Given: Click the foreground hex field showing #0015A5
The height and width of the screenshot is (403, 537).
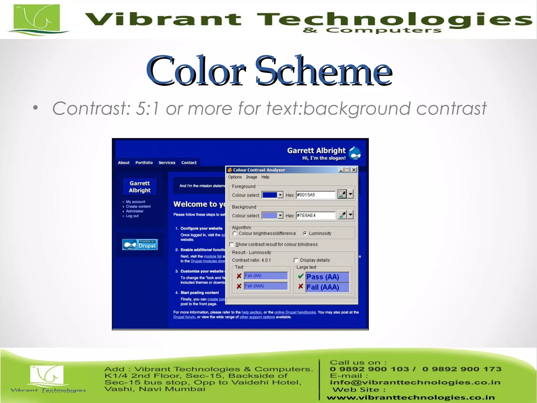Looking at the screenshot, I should pos(315,195).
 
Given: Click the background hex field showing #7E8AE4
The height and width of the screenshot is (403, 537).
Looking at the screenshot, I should pos(315,215).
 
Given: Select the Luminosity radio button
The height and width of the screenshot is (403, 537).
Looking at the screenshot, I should pos(305,233).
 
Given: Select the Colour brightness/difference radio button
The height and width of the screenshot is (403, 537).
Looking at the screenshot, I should pos(235,233).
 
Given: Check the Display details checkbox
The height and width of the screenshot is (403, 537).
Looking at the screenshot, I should pos(296,260).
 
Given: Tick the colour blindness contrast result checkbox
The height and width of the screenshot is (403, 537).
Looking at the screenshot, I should pos(232,245).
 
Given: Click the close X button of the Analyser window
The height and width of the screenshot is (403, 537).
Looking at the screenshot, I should pos(354,170).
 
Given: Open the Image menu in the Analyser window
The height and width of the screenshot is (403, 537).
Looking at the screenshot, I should pos(251,177).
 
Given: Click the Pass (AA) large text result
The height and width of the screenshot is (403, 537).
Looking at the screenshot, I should pos(327,277).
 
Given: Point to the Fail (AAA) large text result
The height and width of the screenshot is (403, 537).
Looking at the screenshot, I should pos(327,287).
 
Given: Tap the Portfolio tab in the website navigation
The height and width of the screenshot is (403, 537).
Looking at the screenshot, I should pos(144,163).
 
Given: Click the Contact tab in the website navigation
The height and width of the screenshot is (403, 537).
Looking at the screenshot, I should pos(189,163).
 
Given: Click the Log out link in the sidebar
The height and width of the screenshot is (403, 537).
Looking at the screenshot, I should pos(132,216).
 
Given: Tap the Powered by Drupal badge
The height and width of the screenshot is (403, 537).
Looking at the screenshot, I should pos(140,245).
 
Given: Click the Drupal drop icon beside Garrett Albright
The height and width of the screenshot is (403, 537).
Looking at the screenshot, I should pos(356,153).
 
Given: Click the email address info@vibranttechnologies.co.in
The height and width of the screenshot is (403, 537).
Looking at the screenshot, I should pos(415,382).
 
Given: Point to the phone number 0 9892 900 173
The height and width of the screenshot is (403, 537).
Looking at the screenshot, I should pos(462,369).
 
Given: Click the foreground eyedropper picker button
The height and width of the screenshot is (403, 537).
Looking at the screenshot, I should pos(342,194).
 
